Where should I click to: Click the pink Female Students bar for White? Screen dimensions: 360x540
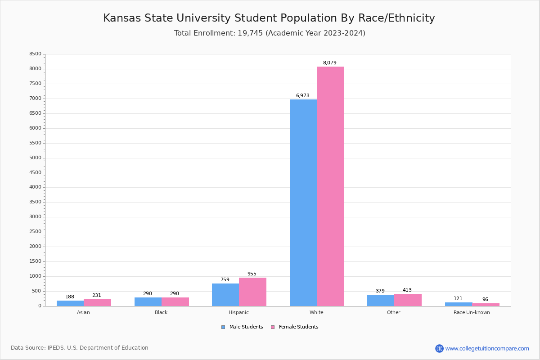tap(330, 186)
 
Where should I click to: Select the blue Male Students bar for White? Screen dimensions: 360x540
tap(303, 202)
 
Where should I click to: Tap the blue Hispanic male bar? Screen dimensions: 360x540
tap(225, 295)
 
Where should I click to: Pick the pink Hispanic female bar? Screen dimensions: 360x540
tap(252, 292)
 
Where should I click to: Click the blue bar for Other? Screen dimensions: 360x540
tap(381, 300)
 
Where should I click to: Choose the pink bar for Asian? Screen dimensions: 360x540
tap(97, 302)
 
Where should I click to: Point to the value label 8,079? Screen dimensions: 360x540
tap(329, 63)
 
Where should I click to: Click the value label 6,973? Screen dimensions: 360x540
tap(302, 96)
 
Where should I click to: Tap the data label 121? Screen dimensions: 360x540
tap(458, 299)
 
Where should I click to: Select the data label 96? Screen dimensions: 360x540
tap(485, 300)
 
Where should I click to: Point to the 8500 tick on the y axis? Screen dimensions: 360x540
tap(35, 54)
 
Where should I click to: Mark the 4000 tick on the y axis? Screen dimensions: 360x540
tap(35, 187)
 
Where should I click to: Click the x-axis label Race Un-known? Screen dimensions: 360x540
tap(472, 312)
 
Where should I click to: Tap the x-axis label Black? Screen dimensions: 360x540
tap(161, 312)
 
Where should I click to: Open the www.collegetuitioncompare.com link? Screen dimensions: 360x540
tap(487, 348)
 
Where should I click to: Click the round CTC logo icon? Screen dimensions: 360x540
tap(439, 348)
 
